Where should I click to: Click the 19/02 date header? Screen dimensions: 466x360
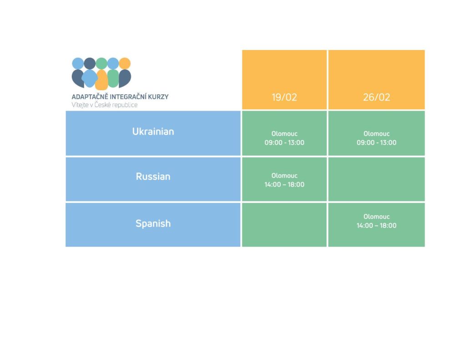tap(284, 97)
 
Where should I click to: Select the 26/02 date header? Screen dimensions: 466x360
tap(376, 97)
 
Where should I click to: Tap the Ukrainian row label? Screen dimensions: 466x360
tap(153, 132)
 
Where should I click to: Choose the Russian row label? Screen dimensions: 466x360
tap(153, 176)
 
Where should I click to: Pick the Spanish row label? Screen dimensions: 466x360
tap(153, 223)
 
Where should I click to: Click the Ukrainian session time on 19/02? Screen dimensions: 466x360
tap(284, 142)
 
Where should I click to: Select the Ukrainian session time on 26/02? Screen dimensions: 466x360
tap(376, 142)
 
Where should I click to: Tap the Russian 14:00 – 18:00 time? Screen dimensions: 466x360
tap(284, 184)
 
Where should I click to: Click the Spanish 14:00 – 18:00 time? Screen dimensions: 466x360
tap(376, 225)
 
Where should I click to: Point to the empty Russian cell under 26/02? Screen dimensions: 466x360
tap(376, 179)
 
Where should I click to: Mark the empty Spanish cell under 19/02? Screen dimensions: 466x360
tap(284, 225)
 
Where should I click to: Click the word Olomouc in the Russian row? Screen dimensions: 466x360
tap(284, 176)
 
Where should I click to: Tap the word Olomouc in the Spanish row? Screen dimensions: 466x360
tap(376, 217)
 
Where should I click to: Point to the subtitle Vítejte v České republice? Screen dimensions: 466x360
tap(105, 105)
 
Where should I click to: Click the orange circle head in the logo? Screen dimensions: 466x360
tap(125, 63)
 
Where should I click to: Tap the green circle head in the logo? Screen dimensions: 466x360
tap(101, 63)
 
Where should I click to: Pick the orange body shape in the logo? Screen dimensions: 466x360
tap(101, 80)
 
